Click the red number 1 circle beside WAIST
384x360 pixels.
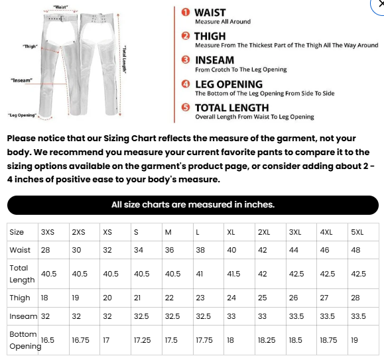point(186,13)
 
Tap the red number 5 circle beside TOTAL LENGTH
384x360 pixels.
point(186,107)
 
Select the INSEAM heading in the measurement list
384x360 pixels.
point(214,60)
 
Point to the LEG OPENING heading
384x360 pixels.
point(229,84)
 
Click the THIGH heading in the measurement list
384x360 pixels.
point(210,36)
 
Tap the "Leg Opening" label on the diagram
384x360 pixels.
point(22,114)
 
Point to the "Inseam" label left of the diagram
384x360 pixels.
point(21,80)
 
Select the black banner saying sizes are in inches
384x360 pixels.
point(192,205)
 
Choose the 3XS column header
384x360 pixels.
point(48,232)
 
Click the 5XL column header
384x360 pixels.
point(357,232)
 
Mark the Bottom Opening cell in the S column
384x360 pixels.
point(142,340)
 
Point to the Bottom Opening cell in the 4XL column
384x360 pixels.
point(328,340)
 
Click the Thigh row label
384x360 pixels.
point(20,298)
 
